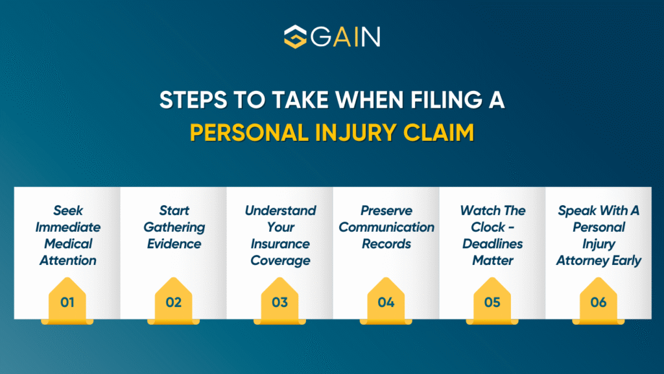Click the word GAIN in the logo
pos(346,37)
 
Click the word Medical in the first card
pos(68,243)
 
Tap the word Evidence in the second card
pos(173,243)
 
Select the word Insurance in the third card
pos(280,243)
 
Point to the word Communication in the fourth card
pos(386,227)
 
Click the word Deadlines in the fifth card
pos(493,243)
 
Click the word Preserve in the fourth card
pos(386,210)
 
